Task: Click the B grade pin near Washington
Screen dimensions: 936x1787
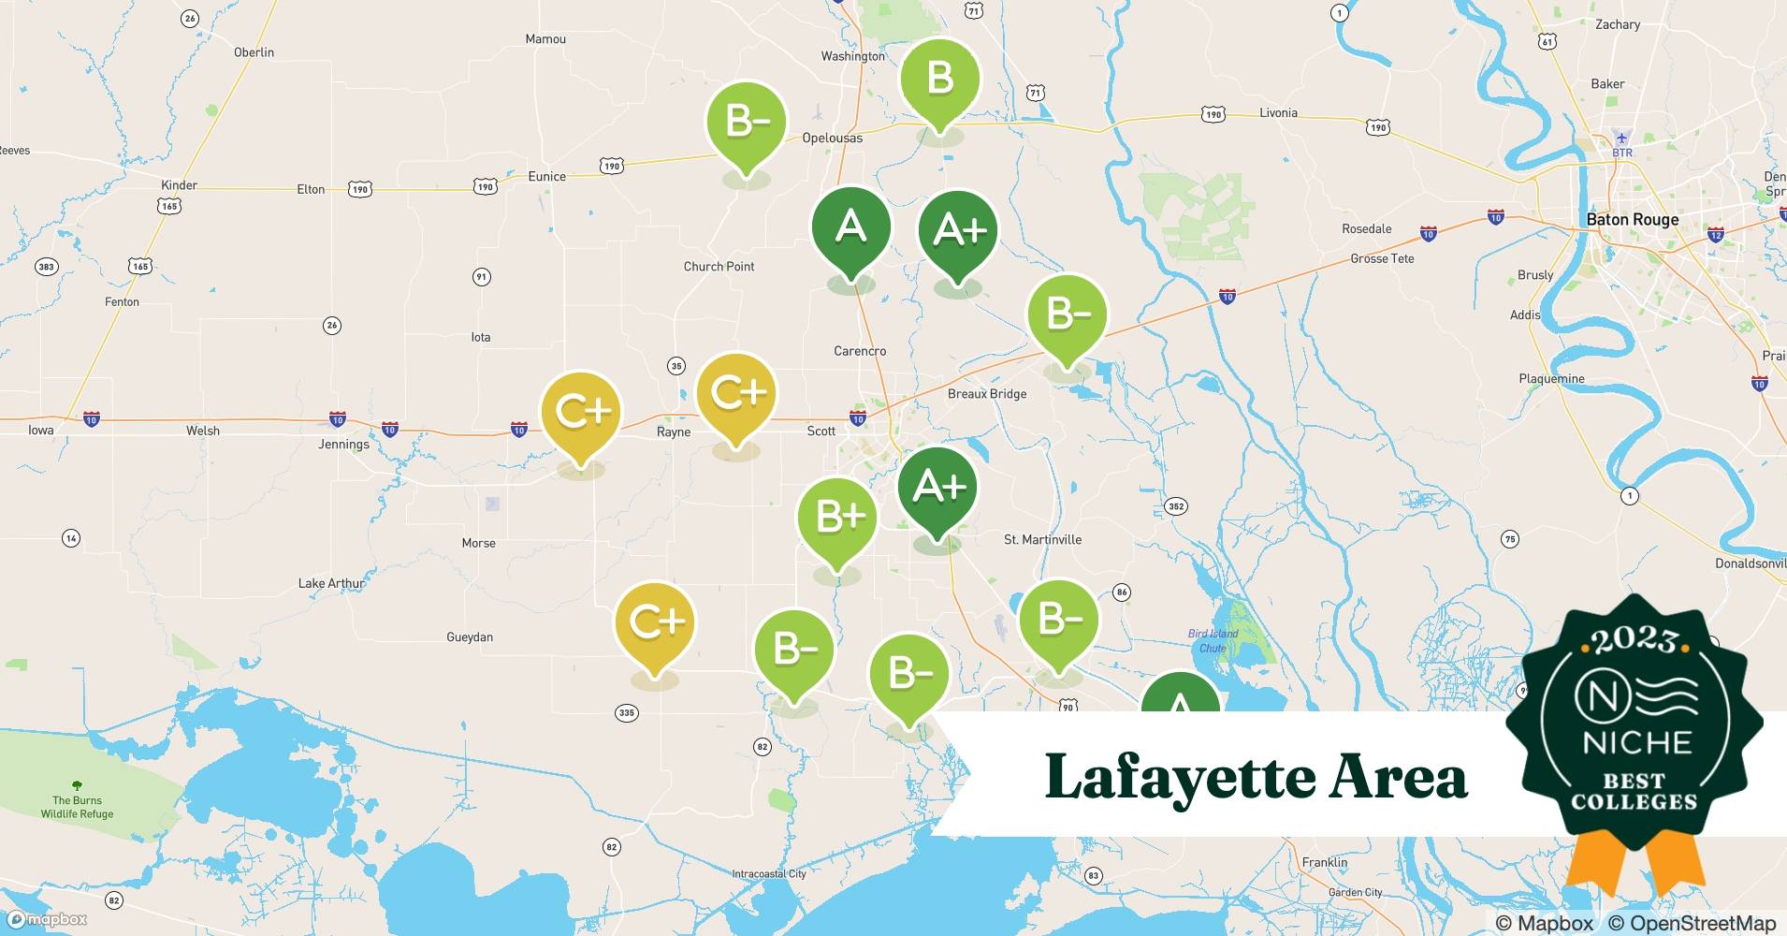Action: [x=939, y=80]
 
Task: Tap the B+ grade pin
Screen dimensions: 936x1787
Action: [x=837, y=518]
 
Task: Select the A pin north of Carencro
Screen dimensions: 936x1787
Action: [x=850, y=227]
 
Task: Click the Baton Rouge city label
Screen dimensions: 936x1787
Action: [x=1632, y=220]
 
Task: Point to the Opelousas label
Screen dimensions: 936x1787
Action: [x=832, y=138]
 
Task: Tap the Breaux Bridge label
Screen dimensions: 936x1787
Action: [x=986, y=394]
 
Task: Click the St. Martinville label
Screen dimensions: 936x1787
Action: [x=1042, y=540]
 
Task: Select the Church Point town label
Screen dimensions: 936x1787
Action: [x=719, y=267]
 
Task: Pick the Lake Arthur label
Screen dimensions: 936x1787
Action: [x=331, y=583]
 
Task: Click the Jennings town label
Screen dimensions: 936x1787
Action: [x=343, y=445]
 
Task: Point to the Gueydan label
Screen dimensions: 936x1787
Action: [x=470, y=637]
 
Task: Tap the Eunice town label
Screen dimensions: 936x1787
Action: [x=546, y=176]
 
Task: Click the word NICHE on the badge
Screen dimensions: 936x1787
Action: [x=1636, y=742]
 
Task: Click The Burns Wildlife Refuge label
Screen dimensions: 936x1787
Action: [x=77, y=807]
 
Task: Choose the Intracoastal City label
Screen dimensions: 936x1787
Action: [x=768, y=874]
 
